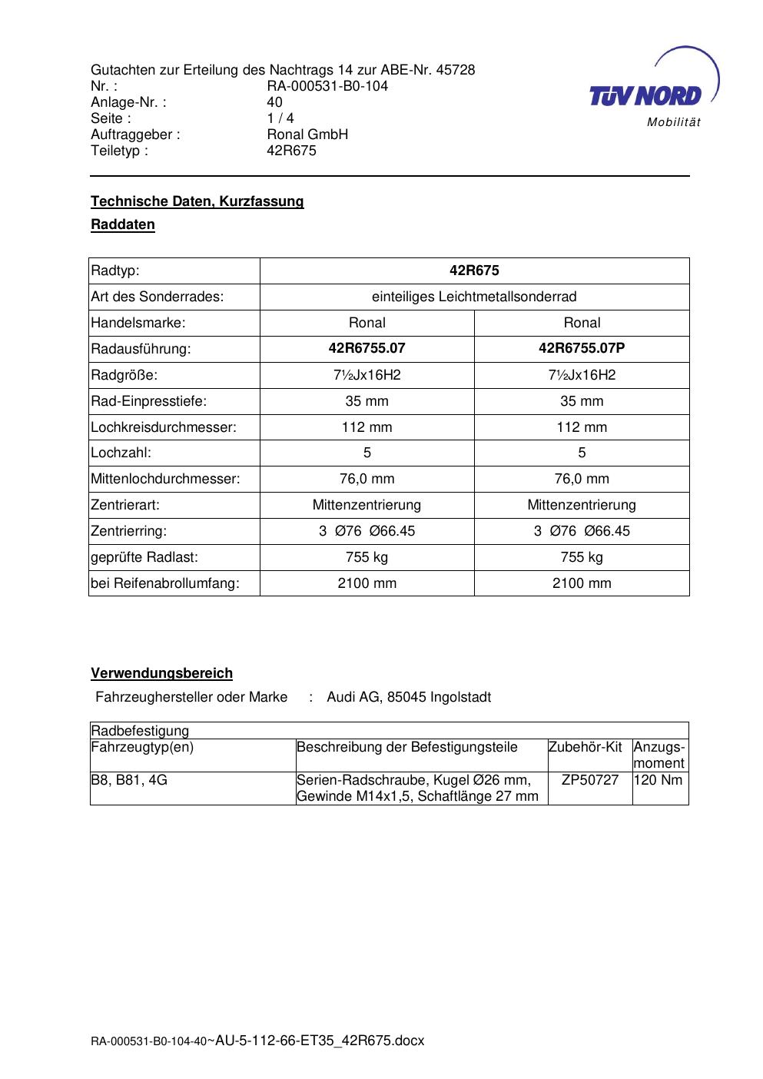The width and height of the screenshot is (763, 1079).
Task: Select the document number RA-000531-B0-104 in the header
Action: (x=327, y=86)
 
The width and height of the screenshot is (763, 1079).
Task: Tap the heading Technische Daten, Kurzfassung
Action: (x=197, y=201)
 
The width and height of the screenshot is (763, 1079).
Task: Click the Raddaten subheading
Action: (x=123, y=225)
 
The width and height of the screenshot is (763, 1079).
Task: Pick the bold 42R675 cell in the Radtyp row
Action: (x=474, y=271)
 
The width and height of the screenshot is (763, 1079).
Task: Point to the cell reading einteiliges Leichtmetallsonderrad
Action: (x=474, y=297)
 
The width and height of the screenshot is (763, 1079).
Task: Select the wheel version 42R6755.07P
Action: (x=582, y=348)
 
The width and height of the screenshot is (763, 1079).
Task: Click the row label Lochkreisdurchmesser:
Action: (x=164, y=427)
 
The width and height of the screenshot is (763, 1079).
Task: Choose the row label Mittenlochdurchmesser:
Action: (x=165, y=480)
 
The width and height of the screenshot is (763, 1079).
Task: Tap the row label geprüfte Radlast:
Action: (x=144, y=557)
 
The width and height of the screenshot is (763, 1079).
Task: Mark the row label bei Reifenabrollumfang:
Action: (x=165, y=583)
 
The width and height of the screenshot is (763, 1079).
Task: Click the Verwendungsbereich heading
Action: (x=161, y=673)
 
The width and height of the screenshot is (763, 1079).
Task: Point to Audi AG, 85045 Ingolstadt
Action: (x=409, y=697)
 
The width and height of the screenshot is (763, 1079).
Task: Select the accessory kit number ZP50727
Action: (x=590, y=780)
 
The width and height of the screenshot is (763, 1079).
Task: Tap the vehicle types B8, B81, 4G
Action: (x=129, y=780)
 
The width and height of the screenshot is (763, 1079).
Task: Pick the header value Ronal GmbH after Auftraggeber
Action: (x=307, y=134)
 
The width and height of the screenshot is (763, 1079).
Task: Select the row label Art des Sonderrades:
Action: (x=157, y=297)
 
